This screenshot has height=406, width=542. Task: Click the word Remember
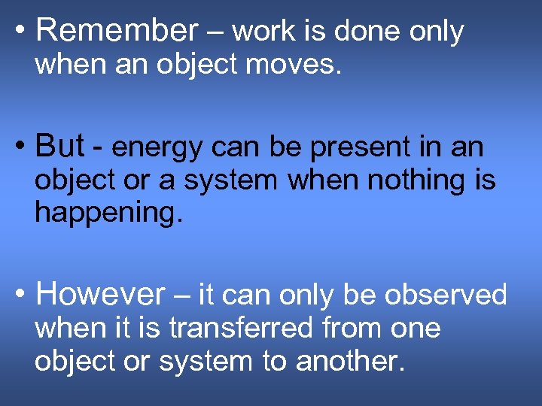[116, 32]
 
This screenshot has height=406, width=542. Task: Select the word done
[367, 32]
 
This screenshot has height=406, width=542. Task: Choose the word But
[59, 146]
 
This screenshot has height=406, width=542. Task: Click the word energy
[157, 147]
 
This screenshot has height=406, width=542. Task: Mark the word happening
[108, 214]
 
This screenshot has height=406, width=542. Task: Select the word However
[99, 295]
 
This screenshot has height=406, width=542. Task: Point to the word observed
[446, 295]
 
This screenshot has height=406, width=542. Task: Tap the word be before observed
[362, 295]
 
